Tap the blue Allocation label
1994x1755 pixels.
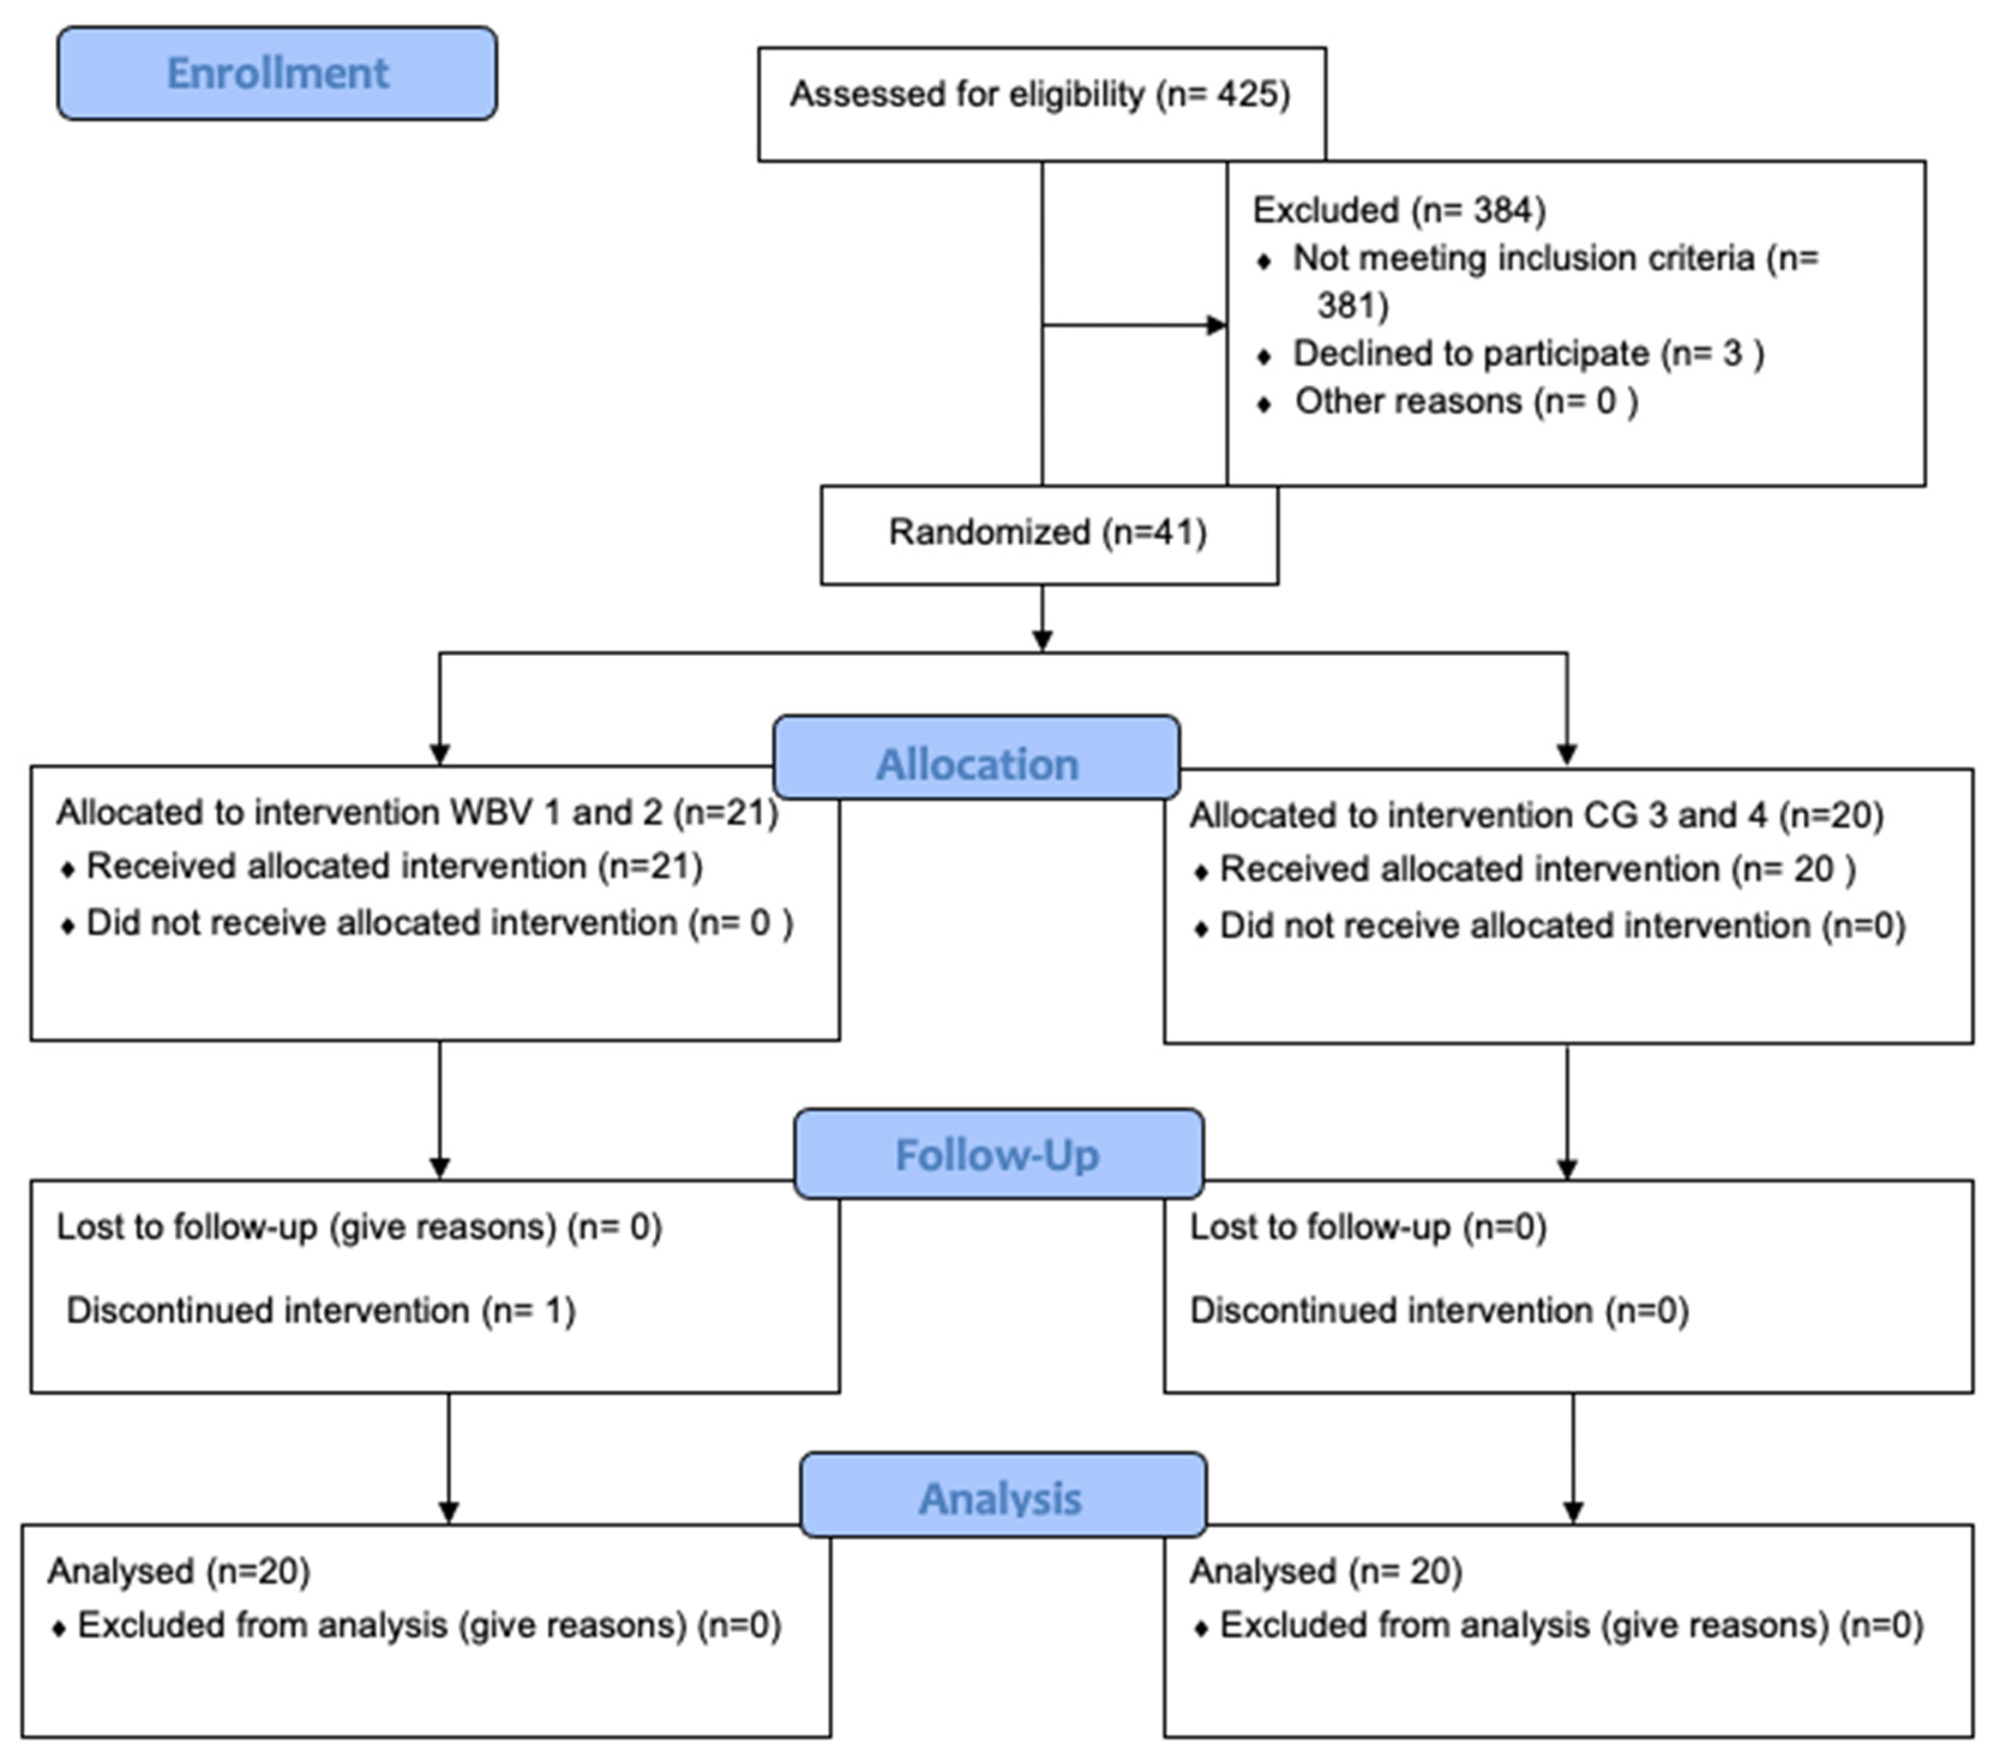pos(977,764)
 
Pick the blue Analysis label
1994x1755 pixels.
pos(1001,1498)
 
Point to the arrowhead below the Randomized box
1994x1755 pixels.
pos(1042,640)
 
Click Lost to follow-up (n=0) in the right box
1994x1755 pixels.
pos(1368,1227)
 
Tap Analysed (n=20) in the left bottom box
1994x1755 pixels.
pos(179,1571)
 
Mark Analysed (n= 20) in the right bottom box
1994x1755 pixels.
pos(1326,1571)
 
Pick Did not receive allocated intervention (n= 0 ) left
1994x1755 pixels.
pos(439,923)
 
